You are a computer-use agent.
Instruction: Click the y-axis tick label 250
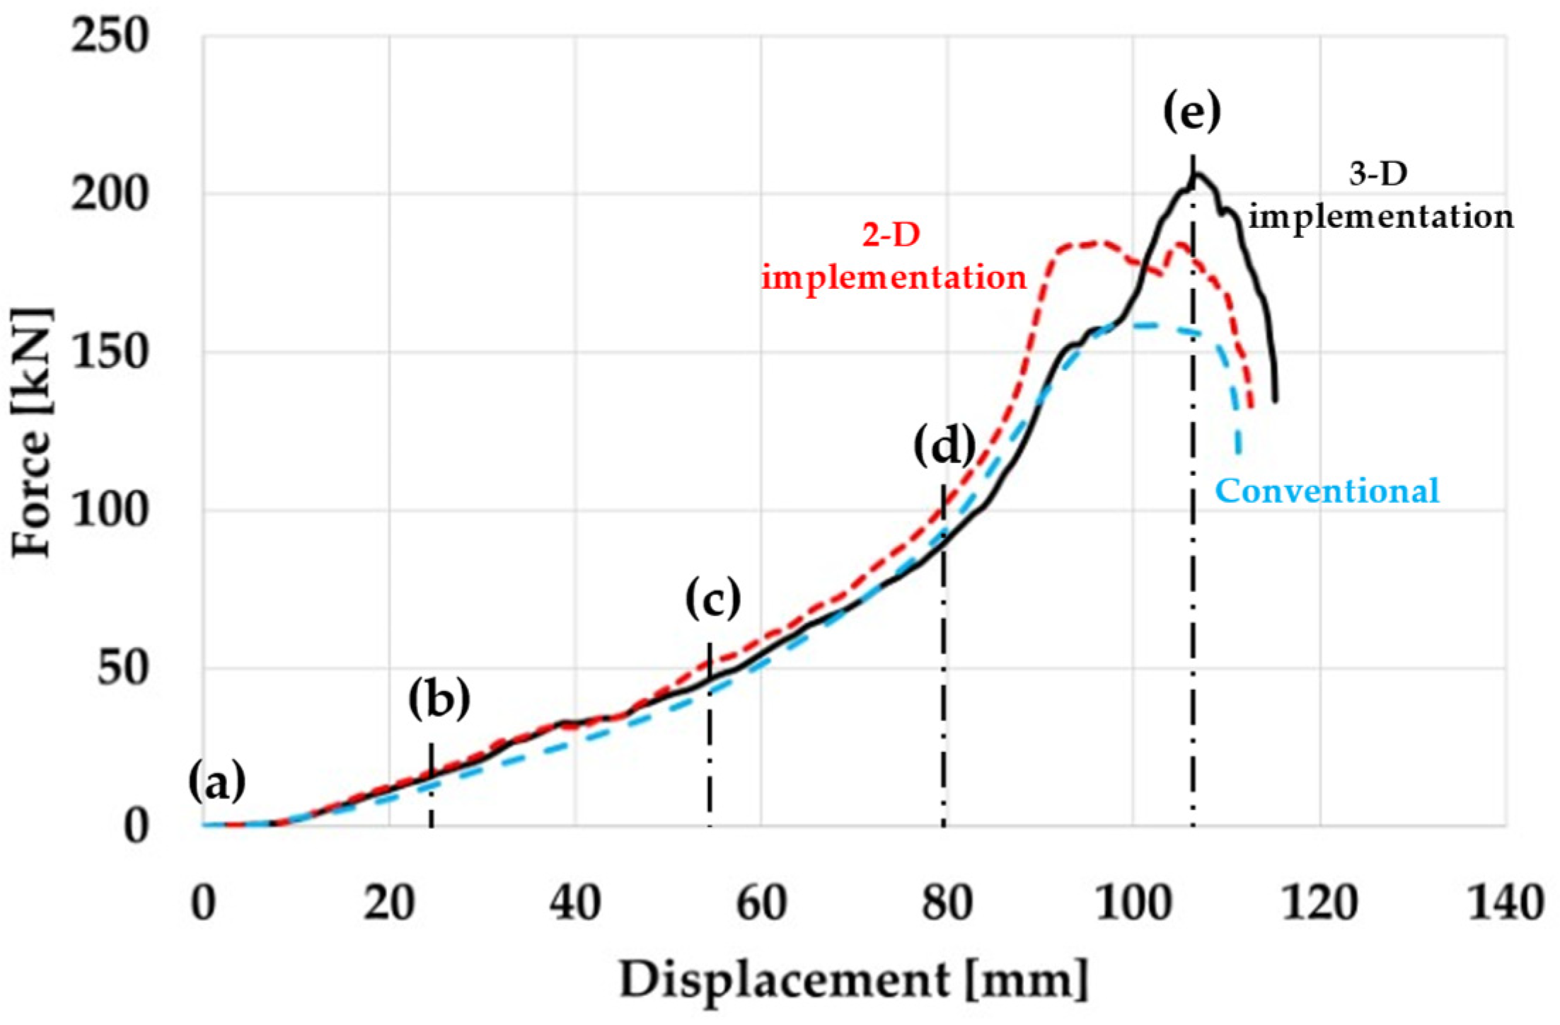110,35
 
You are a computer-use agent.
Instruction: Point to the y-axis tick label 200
110,193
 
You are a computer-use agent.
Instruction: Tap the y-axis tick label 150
110,352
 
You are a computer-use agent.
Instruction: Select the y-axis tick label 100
110,510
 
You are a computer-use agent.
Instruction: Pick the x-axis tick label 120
1319,904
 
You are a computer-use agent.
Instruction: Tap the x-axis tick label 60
761,904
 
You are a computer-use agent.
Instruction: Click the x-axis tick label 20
389,904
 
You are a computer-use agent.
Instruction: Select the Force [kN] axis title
33,432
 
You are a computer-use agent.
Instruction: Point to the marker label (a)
217,783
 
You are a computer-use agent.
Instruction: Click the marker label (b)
439,699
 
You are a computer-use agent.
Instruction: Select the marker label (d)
944,447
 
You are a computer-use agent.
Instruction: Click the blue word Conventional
1327,491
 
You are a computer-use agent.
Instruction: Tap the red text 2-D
891,234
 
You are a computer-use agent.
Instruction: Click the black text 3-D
1378,173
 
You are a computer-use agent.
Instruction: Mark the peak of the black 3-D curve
1196,175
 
